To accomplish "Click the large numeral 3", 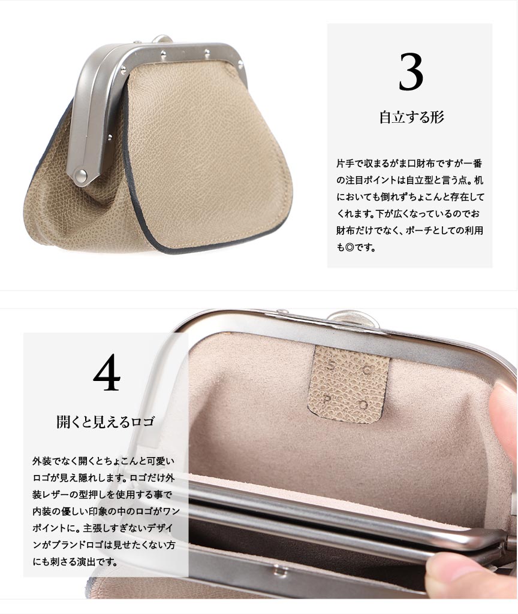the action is pyautogui.click(x=411, y=71).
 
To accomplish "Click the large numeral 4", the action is pyautogui.click(x=107, y=372).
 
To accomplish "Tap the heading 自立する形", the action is pyautogui.click(x=411, y=117).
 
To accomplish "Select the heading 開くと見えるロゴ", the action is pyautogui.click(x=106, y=422).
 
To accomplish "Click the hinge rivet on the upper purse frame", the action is pyautogui.click(x=81, y=174).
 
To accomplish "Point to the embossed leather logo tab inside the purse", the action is pyautogui.click(x=348, y=384).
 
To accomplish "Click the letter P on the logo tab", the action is pyautogui.click(x=327, y=400).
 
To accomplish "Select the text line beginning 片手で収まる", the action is pyautogui.click(x=409, y=164).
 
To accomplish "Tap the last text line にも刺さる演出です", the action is pyautogui.click(x=75, y=562).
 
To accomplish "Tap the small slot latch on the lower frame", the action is pyautogui.click(x=279, y=571).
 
